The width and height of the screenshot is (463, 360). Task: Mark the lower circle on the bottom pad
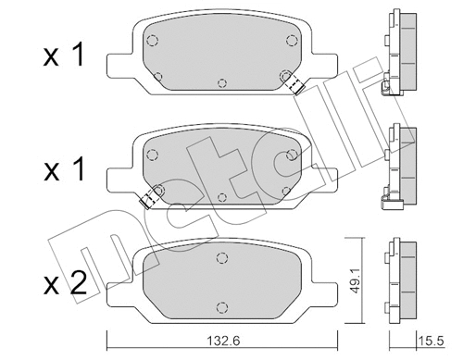tap(220, 306)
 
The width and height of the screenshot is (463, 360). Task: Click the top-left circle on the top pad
tap(153, 40)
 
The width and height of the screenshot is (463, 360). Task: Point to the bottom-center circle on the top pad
tap(221, 82)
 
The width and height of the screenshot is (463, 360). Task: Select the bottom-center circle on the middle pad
tap(221, 195)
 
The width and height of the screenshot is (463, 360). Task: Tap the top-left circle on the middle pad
tap(153, 153)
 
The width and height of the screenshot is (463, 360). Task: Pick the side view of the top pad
tap(399, 51)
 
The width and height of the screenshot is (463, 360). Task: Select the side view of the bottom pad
tap(399, 278)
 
